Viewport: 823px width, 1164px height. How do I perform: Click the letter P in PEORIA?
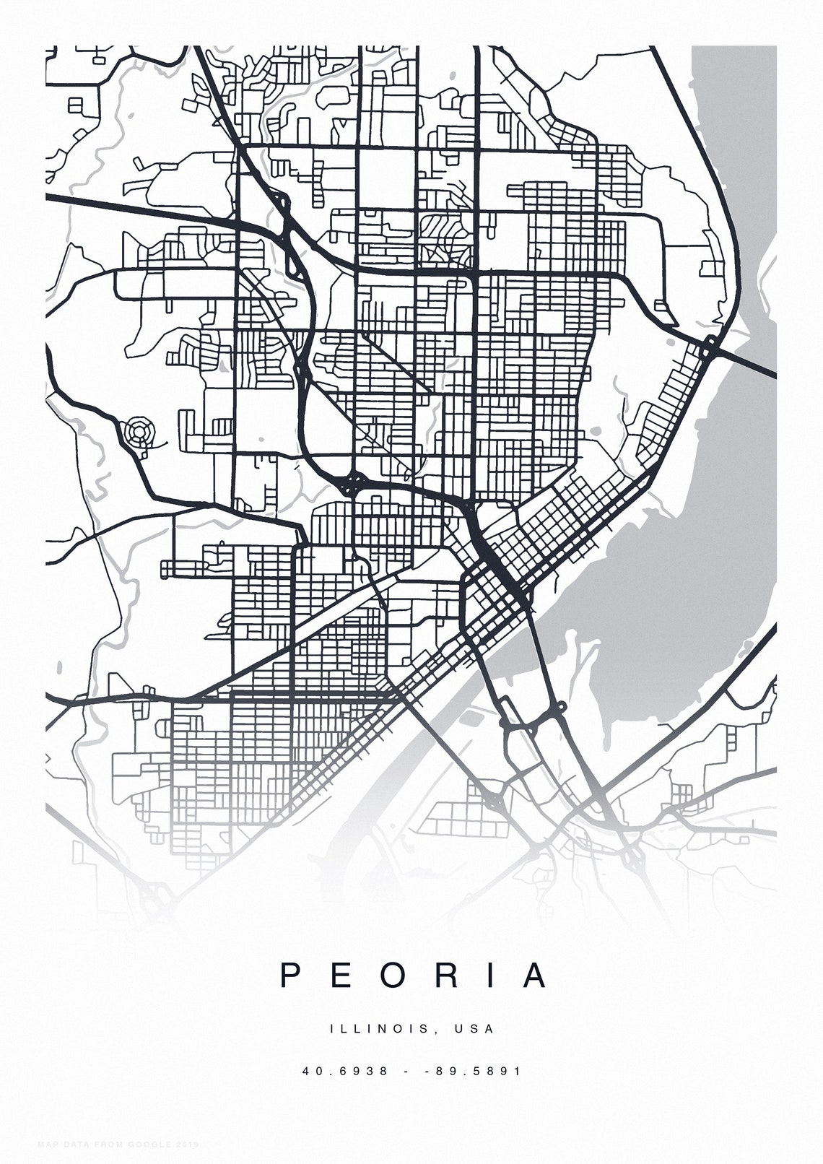tap(290, 976)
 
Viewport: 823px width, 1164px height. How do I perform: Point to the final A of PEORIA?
tap(535, 976)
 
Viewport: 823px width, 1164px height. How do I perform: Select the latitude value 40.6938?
tap(346, 1071)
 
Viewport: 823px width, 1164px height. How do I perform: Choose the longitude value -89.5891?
tap(473, 1071)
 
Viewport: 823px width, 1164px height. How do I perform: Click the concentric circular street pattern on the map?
tap(136, 434)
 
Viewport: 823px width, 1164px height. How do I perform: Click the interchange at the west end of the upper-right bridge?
tap(710, 348)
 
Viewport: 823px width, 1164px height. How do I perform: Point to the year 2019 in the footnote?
tap(187, 1145)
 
